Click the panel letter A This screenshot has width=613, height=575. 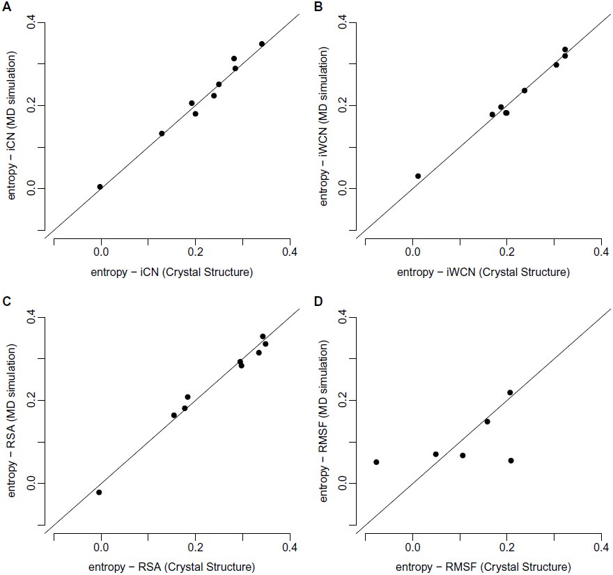pyautogui.click(x=7, y=7)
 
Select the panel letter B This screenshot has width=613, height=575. pyautogui.click(x=318, y=7)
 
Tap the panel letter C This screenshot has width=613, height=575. pyautogui.click(x=7, y=302)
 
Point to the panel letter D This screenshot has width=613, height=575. pyautogui.click(x=318, y=302)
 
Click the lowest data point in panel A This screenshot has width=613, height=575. pyautogui.click(x=100, y=187)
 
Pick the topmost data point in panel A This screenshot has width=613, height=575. pyautogui.click(x=262, y=44)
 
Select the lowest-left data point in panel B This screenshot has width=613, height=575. pyautogui.click(x=418, y=176)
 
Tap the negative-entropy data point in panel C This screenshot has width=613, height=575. pyautogui.click(x=100, y=492)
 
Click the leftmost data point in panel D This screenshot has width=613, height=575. pyautogui.click(x=376, y=462)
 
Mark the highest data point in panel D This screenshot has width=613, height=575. pyautogui.click(x=510, y=392)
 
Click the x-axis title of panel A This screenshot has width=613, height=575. pyautogui.click(x=172, y=273)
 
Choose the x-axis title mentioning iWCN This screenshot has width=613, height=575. pyautogui.click(x=483, y=273)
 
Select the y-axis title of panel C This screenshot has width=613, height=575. pyautogui.click(x=11, y=420)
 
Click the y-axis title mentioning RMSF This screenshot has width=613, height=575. pyautogui.click(x=323, y=421)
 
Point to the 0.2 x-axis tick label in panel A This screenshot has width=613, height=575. pyautogui.click(x=196, y=252)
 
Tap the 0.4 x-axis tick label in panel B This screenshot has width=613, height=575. pyautogui.click(x=601, y=252)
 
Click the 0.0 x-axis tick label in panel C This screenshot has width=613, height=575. pyautogui.click(x=101, y=547)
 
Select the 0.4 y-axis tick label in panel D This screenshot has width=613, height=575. pyautogui.click(x=343, y=317)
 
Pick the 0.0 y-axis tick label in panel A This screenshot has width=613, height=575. pyautogui.click(x=31, y=188)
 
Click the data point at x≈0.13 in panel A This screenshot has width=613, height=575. pyautogui.click(x=162, y=133)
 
